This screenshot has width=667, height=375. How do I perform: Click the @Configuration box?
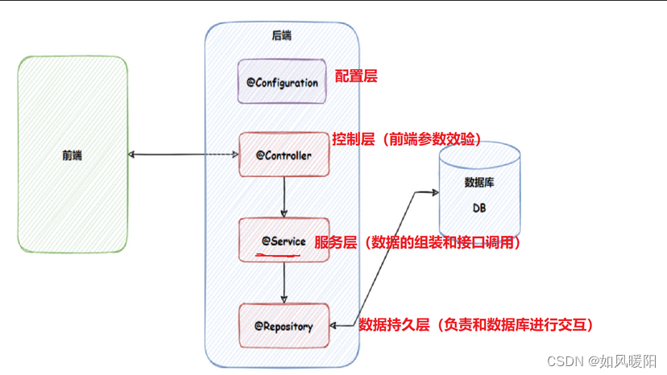click(283, 82)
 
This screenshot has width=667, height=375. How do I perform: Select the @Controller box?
click(284, 155)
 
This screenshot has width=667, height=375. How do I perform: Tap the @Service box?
click(284, 240)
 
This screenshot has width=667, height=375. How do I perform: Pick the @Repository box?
click(284, 326)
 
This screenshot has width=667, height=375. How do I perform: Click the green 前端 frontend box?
click(72, 155)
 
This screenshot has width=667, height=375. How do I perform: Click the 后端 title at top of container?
click(283, 35)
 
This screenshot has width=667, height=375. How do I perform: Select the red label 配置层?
click(355, 76)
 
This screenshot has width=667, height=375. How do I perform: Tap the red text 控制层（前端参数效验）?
click(407, 139)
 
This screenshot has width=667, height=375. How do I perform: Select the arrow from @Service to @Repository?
click(284, 282)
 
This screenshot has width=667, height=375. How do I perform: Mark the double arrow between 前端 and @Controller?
click(184, 155)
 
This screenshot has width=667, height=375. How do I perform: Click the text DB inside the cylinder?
click(479, 208)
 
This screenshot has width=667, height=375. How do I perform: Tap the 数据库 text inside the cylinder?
click(479, 183)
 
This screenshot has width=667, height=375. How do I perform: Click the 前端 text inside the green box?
click(72, 155)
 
